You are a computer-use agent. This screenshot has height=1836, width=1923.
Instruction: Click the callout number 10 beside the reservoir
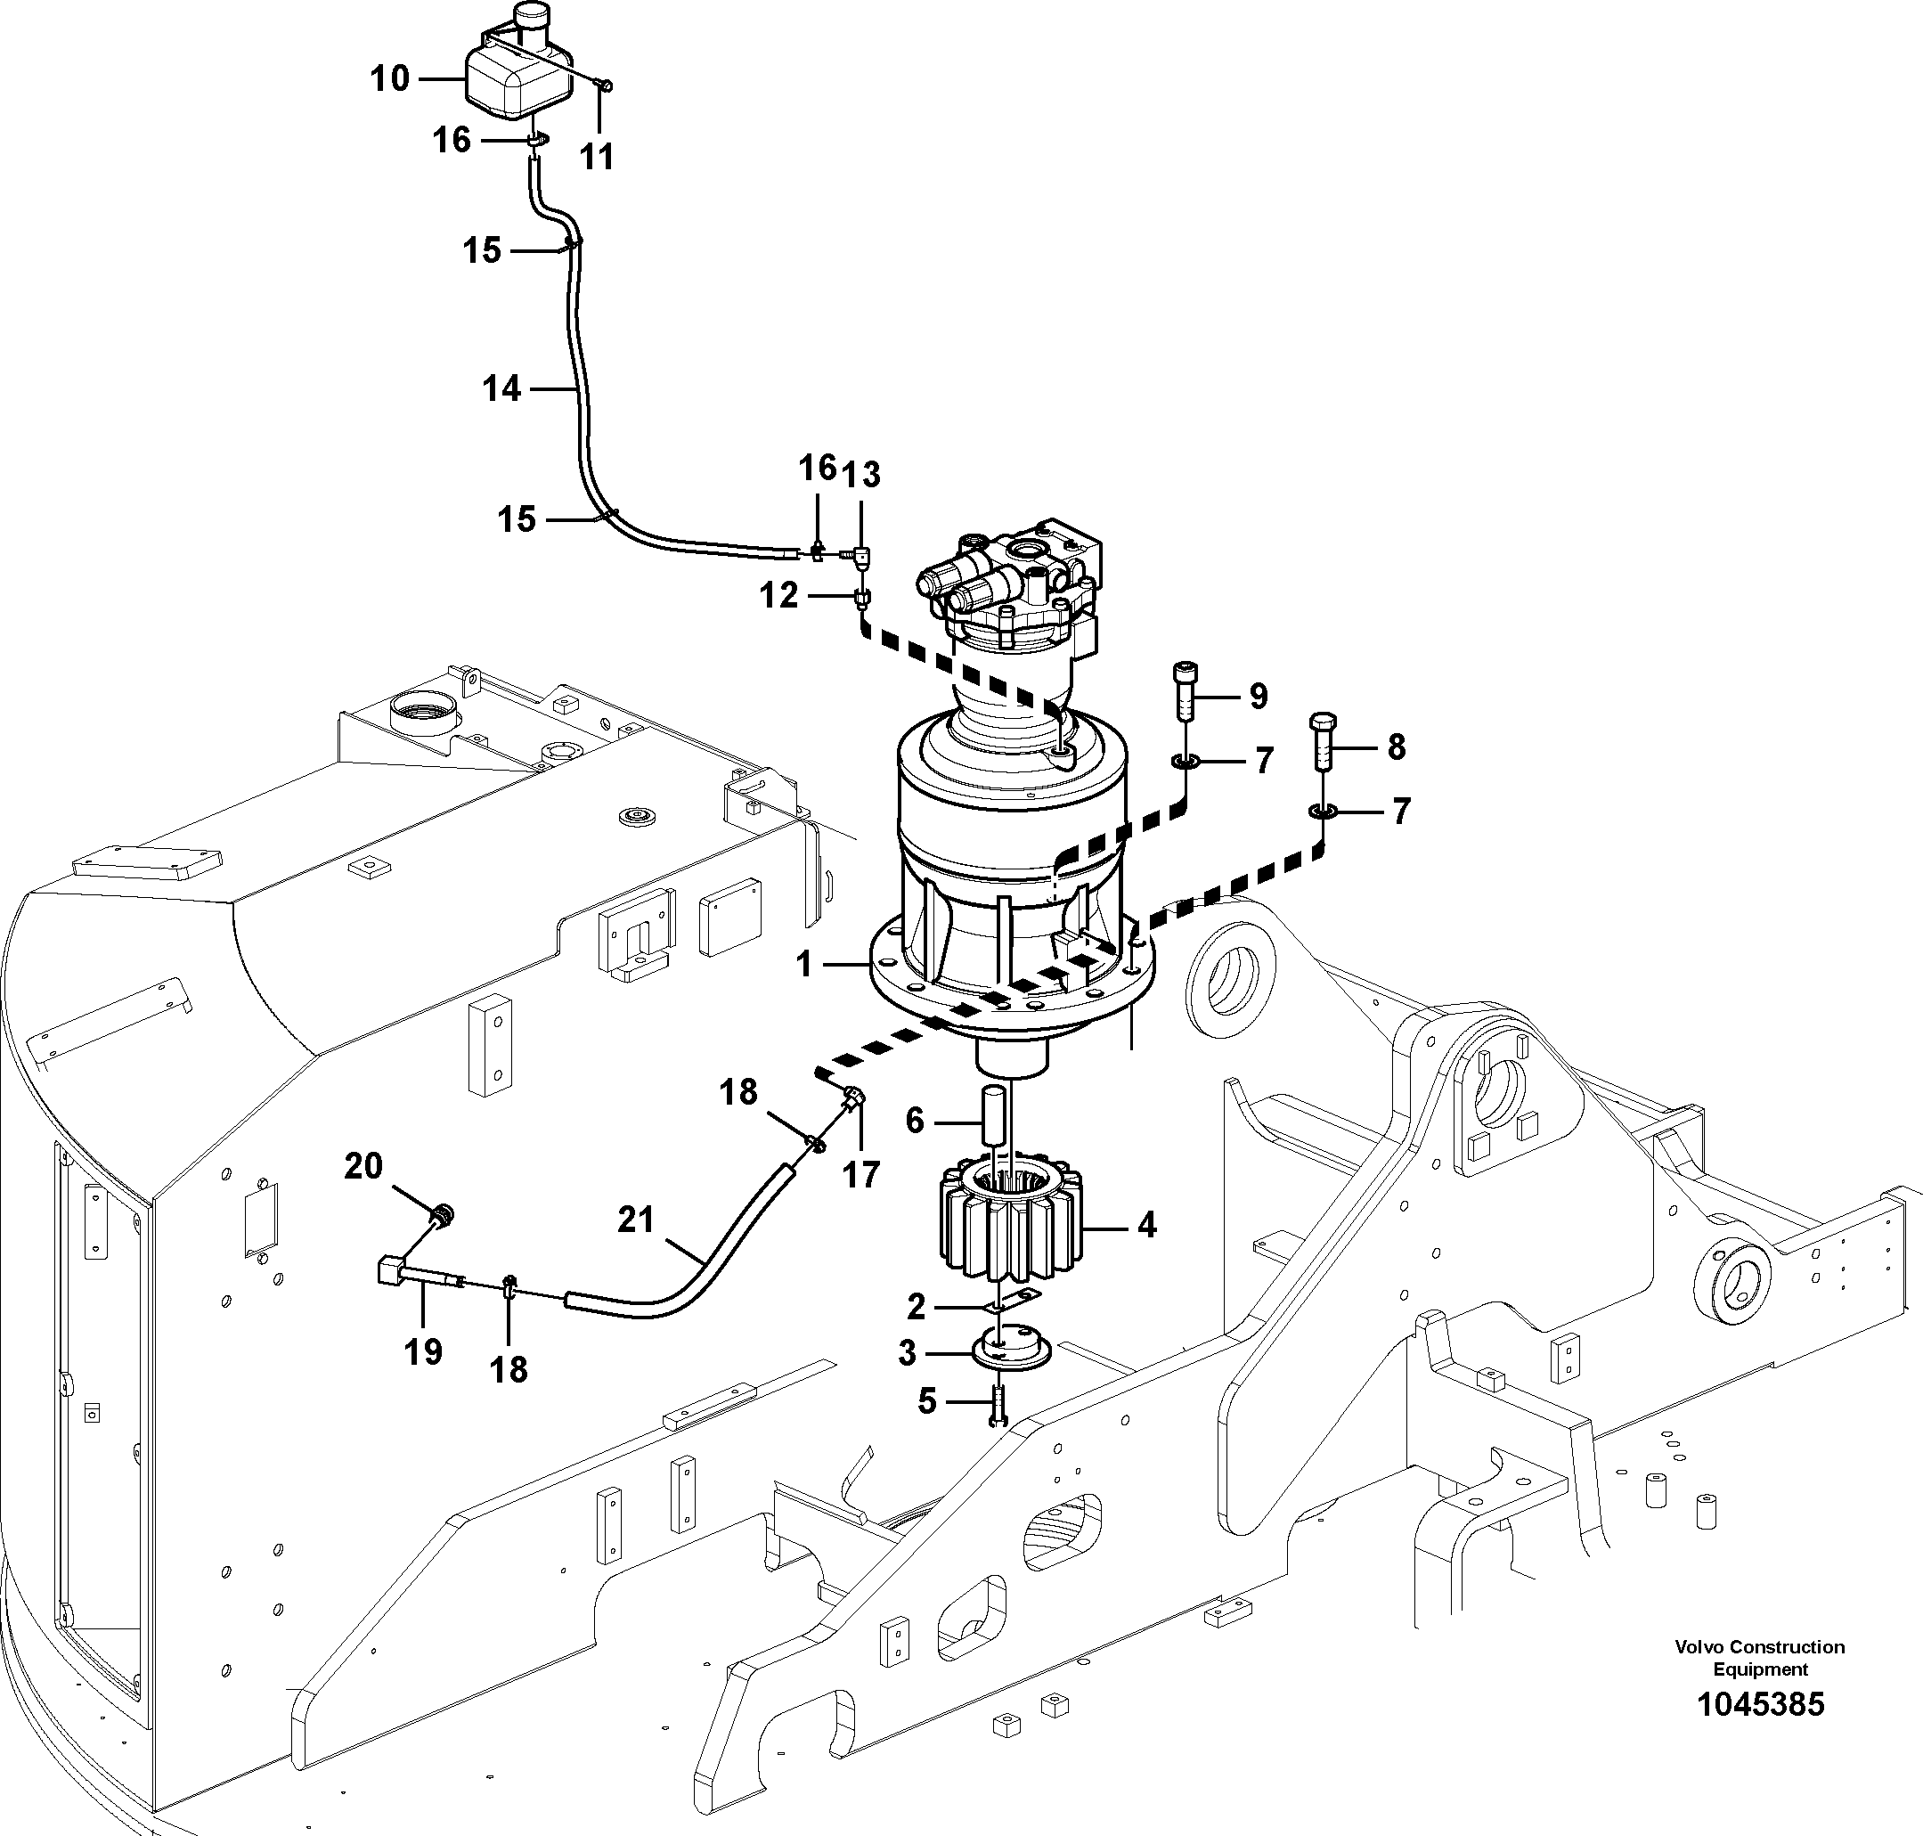point(389,78)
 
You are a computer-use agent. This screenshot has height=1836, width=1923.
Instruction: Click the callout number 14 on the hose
point(501,388)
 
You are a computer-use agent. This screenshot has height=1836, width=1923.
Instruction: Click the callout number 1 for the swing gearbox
point(804,965)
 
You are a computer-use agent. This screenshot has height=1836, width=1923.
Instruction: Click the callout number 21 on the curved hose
point(636,1220)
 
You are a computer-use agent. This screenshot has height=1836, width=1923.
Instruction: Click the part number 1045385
point(1760,1704)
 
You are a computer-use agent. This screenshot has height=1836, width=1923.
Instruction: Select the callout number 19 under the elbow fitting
point(423,1351)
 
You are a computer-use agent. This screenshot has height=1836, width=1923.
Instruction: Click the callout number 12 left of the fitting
point(779,595)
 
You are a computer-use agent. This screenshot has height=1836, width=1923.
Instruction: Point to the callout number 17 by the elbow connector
point(861,1173)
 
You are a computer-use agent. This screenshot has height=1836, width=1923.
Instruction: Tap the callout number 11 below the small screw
point(597,156)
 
